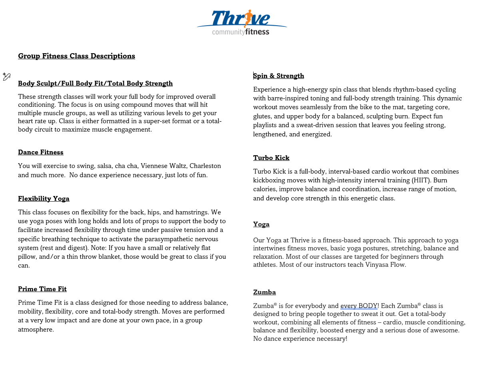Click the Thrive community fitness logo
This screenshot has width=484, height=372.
point(242,23)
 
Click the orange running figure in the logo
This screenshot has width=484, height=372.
point(248,18)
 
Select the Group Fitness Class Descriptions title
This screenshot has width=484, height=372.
point(76,56)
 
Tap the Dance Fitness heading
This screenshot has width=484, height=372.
point(40,152)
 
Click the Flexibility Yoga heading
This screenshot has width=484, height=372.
point(44,199)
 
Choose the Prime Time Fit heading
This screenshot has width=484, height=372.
point(42,289)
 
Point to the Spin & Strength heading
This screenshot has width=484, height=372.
point(279,76)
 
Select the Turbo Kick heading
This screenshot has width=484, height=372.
point(271,158)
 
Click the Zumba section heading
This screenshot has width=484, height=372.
point(264,292)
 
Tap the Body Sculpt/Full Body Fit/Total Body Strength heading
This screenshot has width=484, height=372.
point(95,84)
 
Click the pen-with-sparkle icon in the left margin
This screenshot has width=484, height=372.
point(7,77)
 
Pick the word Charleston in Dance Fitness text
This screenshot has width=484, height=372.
point(205,166)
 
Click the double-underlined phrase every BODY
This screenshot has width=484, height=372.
point(359,306)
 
